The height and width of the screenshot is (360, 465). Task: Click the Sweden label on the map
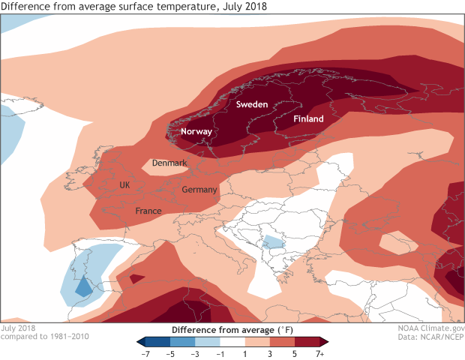(252, 105)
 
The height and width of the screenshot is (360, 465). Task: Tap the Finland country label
(308, 119)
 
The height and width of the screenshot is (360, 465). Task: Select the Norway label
(197, 132)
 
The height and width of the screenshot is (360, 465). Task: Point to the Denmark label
(169, 163)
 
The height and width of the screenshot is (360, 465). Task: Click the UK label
(125, 184)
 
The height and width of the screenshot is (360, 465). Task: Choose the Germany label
(199, 190)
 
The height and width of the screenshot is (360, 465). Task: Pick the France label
(148, 211)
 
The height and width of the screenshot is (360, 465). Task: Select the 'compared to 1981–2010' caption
(45, 337)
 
